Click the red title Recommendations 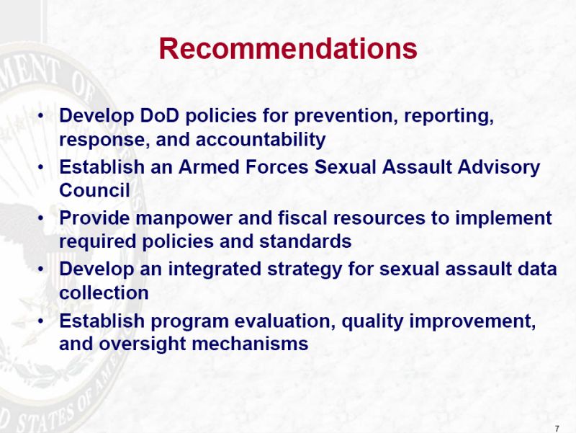(x=288, y=48)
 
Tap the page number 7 (x=557, y=429)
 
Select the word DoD (x=160, y=115)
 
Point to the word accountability (x=261, y=140)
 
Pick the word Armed (x=209, y=167)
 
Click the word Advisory (x=498, y=168)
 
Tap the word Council (x=94, y=190)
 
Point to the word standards (x=305, y=241)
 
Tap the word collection (x=104, y=293)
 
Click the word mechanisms (x=250, y=344)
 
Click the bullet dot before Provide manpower (x=41, y=218)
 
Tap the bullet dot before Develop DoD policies (x=41, y=116)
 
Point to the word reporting (x=449, y=116)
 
